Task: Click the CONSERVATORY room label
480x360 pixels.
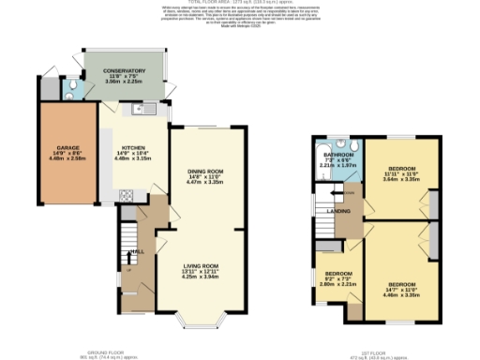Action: click(125, 71)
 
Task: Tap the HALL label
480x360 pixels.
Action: click(137, 251)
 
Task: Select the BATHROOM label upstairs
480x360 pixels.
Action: click(338, 154)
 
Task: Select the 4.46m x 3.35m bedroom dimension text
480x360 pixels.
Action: click(402, 292)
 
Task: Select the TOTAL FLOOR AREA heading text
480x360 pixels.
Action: click(240, 5)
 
